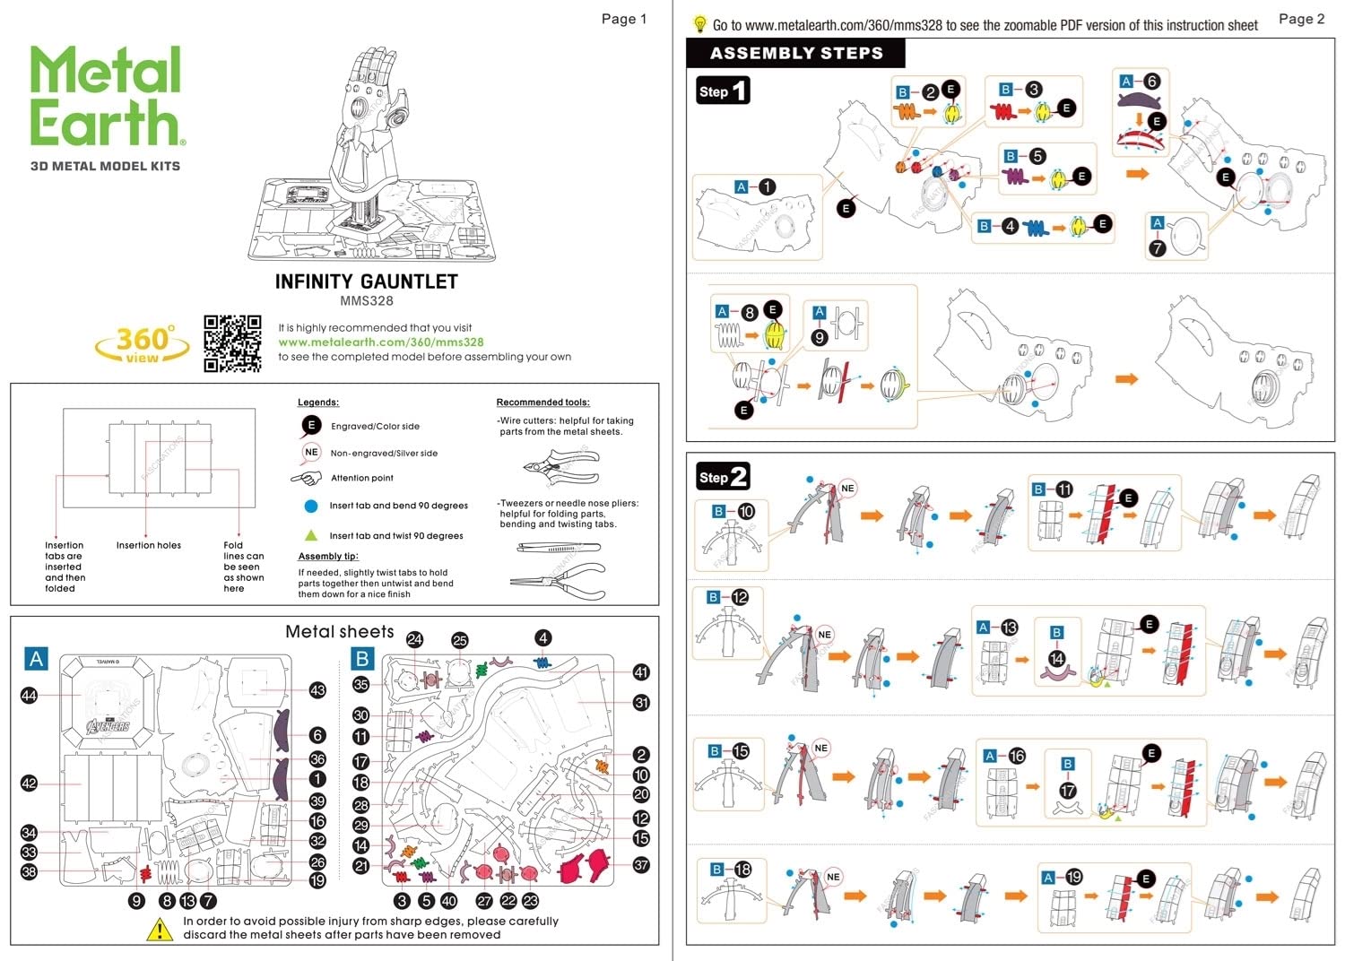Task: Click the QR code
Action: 232,343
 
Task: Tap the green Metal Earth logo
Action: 107,96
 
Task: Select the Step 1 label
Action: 723,91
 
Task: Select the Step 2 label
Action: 723,476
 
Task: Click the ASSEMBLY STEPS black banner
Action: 795,53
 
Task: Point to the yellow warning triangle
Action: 160,930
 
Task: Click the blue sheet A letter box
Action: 36,659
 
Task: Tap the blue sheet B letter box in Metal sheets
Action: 362,659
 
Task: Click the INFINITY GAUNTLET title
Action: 366,281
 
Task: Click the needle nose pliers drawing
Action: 558,579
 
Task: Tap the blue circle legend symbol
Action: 311,506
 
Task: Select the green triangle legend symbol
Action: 311,535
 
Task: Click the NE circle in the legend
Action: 311,453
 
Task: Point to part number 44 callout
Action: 30,696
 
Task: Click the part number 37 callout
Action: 641,865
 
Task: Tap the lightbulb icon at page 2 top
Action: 700,25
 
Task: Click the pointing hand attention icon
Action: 307,478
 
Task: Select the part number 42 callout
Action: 30,784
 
